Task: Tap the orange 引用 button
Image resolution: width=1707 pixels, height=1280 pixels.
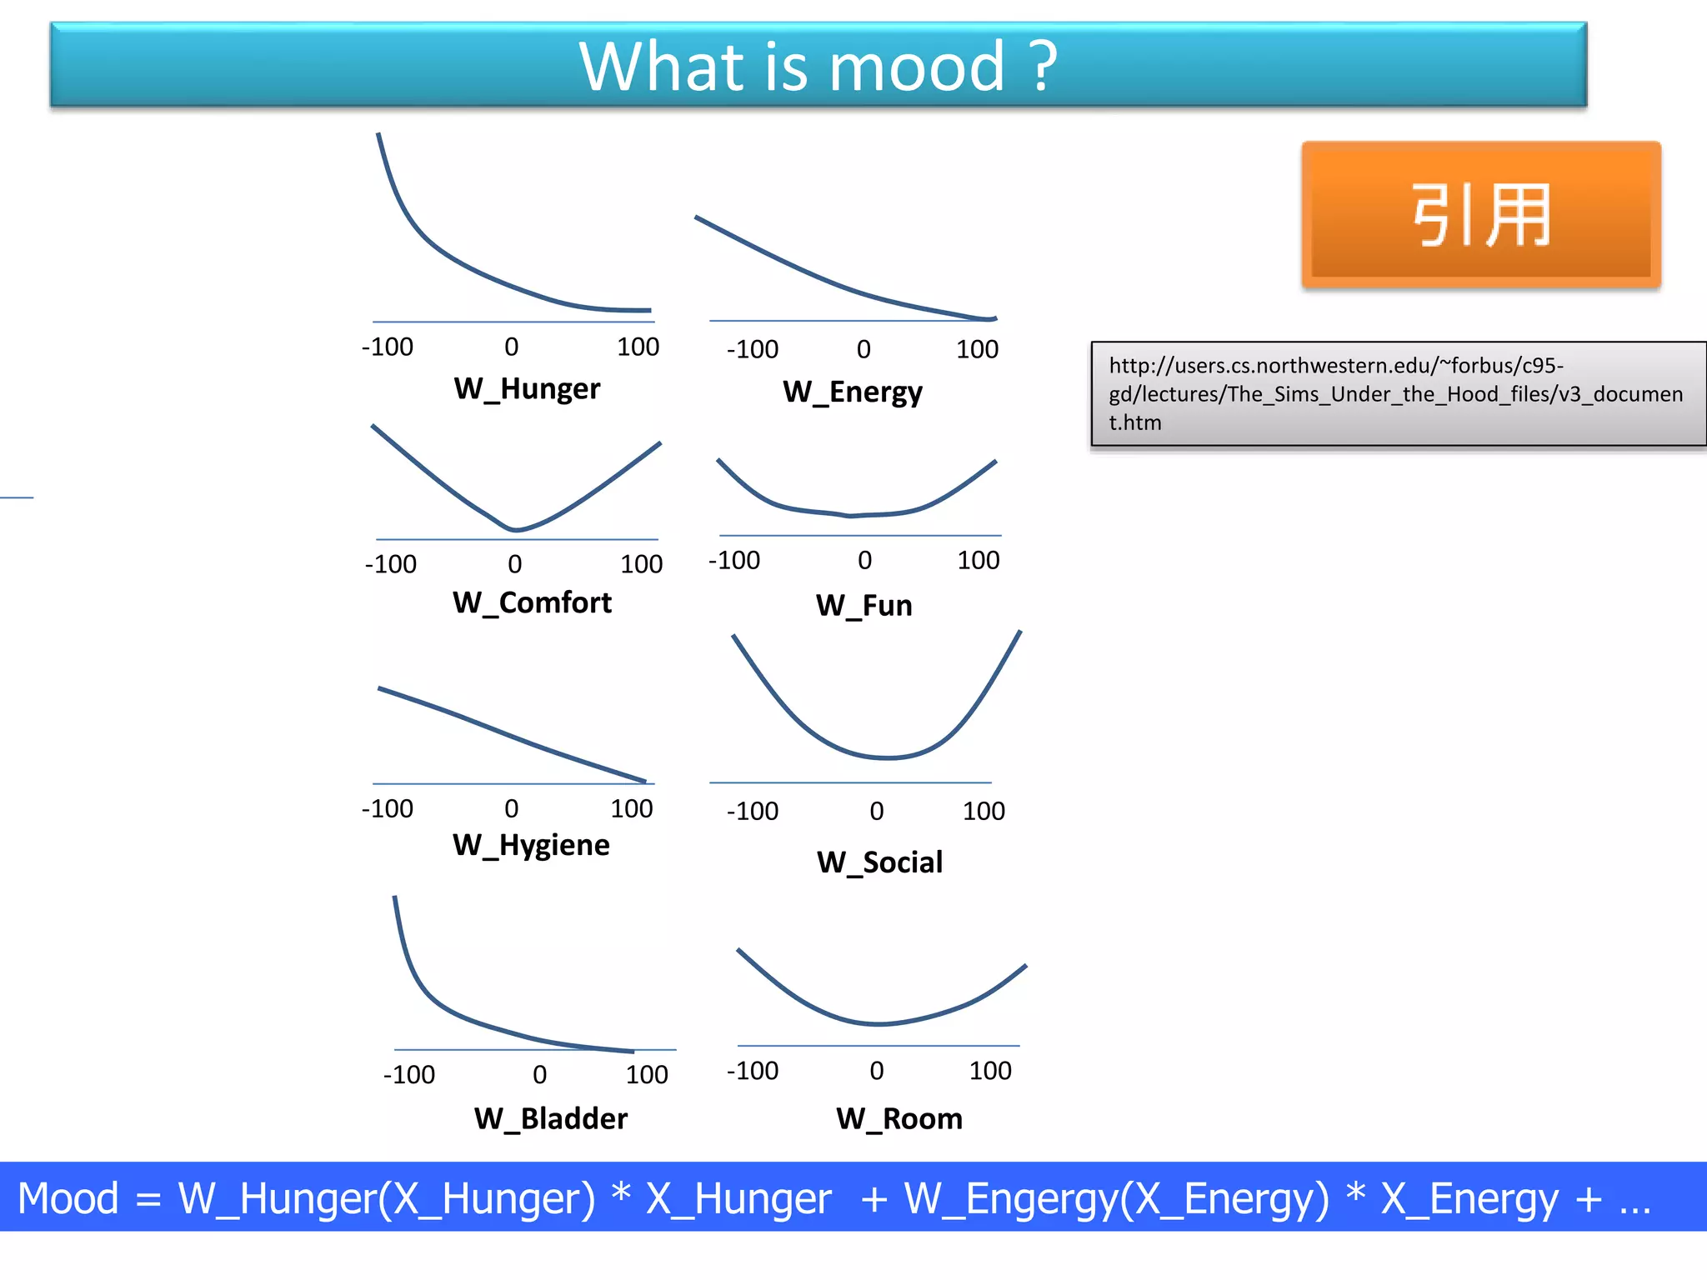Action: (x=1481, y=215)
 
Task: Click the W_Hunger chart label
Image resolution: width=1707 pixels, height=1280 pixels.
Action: (x=527, y=388)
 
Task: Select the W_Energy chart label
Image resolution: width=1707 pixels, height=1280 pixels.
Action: (x=852, y=392)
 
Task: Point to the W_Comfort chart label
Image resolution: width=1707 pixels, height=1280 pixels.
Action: (x=532, y=602)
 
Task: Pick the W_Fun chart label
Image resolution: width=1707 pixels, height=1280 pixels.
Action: (x=864, y=605)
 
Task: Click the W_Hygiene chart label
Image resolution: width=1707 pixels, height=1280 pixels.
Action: (x=531, y=845)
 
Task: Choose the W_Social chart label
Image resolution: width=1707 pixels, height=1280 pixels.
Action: (x=879, y=862)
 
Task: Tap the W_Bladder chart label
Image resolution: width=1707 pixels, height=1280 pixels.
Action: (x=550, y=1118)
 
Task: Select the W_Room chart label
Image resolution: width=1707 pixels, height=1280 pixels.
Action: (x=899, y=1118)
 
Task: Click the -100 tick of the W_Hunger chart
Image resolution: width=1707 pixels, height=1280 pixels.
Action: (x=387, y=347)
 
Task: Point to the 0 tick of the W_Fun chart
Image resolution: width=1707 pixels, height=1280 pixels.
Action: (x=865, y=560)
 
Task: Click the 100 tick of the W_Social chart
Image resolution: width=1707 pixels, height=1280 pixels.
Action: (x=984, y=811)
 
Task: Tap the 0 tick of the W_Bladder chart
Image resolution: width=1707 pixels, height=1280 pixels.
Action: (x=540, y=1075)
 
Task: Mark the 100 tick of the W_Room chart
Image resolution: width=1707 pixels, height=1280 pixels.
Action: (x=990, y=1071)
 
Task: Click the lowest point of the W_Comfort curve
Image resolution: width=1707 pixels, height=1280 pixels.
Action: (x=515, y=529)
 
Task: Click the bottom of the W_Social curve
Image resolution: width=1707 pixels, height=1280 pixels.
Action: (x=888, y=757)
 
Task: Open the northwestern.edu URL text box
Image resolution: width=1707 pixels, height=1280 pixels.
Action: (x=1397, y=393)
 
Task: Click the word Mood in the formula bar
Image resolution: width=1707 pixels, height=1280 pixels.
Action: (x=68, y=1199)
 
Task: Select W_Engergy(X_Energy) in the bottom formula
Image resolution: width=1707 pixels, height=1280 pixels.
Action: (x=1117, y=1199)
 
